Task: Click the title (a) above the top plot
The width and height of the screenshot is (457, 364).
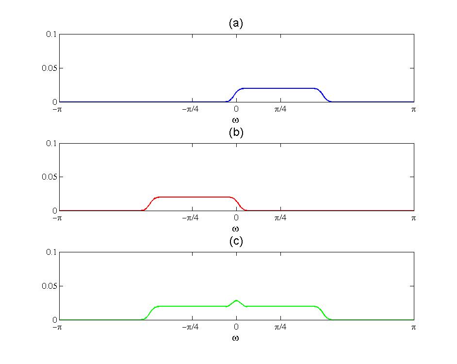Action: coord(236,23)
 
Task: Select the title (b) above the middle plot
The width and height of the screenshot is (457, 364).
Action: coord(236,132)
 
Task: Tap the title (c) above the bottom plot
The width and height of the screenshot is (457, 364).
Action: coord(236,242)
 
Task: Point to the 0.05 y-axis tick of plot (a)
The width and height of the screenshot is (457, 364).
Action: coord(49,68)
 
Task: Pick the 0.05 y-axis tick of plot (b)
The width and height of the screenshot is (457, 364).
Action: coord(49,177)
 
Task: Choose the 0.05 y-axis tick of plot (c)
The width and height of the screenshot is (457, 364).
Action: coord(49,286)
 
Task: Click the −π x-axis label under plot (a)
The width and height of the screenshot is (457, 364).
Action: coord(58,110)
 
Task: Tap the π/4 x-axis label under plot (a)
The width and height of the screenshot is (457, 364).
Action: coord(280,110)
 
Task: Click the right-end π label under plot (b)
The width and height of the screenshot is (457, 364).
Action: coord(414,218)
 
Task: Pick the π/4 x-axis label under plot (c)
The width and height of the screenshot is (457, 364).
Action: coord(280,328)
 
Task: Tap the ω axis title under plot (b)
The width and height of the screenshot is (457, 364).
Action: coord(236,228)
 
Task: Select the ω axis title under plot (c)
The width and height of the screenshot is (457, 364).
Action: coord(236,337)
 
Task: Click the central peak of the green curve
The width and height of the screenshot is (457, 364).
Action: coord(236,300)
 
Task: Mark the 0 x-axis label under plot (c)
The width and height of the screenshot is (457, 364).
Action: coord(236,328)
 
